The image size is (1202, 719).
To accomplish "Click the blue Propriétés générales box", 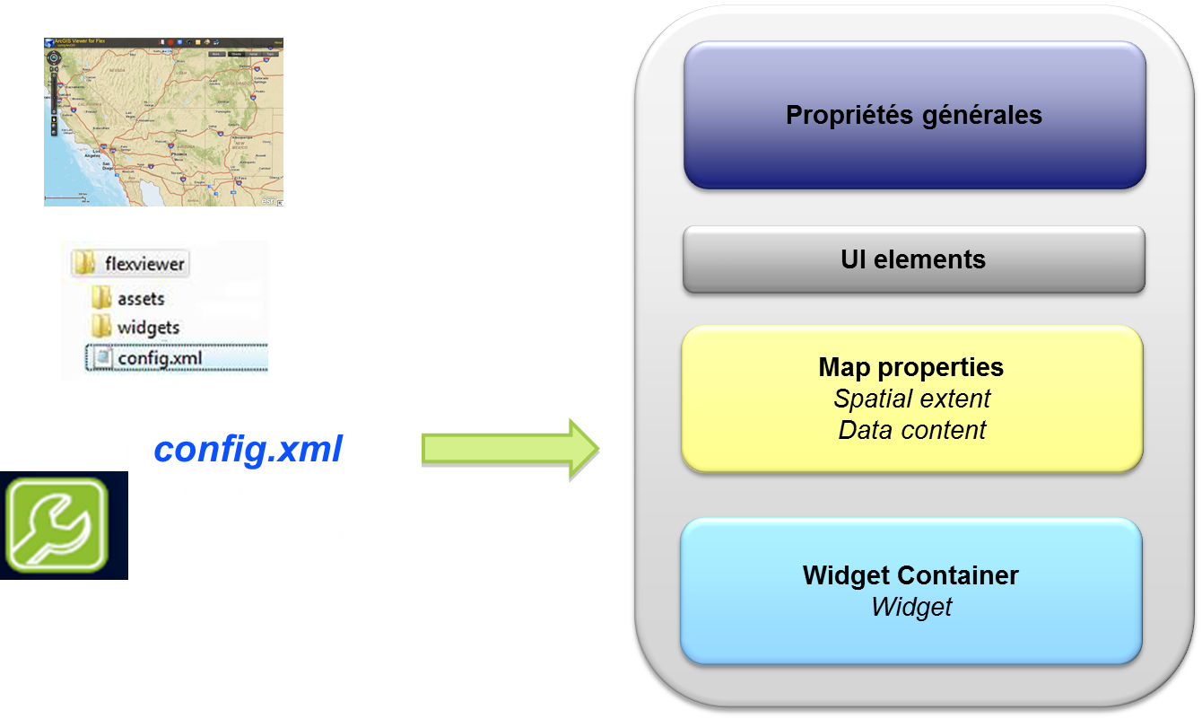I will click(x=914, y=116).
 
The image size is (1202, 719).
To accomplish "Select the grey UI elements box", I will click(x=913, y=259).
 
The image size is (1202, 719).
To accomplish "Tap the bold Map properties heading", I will click(x=910, y=367).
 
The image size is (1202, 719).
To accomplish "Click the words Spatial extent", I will click(x=911, y=399).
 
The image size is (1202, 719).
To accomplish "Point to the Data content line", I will click(x=911, y=430).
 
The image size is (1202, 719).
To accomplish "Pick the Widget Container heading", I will click(x=910, y=575).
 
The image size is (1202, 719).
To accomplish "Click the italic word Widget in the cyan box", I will click(x=910, y=607).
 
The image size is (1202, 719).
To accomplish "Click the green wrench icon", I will click(x=57, y=524).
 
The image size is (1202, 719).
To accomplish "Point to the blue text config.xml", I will click(x=248, y=449).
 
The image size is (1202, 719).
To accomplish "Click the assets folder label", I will click(x=141, y=299).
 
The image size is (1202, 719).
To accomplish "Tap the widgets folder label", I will click(x=148, y=328).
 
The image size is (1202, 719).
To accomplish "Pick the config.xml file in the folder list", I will click(x=160, y=357).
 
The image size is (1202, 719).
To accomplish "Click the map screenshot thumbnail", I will click(x=163, y=121).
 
